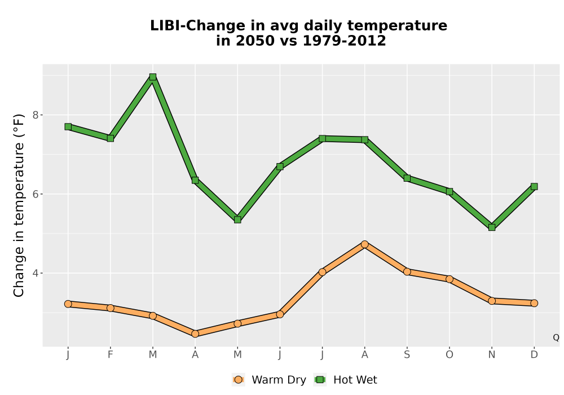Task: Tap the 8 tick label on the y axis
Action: [x=35, y=115]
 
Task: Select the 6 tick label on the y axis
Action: [x=35, y=194]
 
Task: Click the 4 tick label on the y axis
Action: [x=35, y=273]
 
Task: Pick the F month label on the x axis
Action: [x=111, y=355]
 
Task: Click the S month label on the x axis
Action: [x=407, y=355]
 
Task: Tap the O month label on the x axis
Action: [x=450, y=355]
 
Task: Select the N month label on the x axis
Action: [x=492, y=355]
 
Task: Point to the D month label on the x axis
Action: [x=534, y=355]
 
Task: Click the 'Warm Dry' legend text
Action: [x=279, y=380]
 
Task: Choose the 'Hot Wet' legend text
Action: [x=355, y=380]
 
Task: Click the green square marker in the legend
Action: [x=320, y=380]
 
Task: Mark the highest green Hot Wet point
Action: [x=152, y=77]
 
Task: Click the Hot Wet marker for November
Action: [x=492, y=227]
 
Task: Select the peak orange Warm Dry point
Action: [x=365, y=244]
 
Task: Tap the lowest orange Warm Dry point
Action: [x=195, y=334]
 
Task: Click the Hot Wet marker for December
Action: [x=534, y=186]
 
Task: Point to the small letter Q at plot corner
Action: [x=556, y=337]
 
